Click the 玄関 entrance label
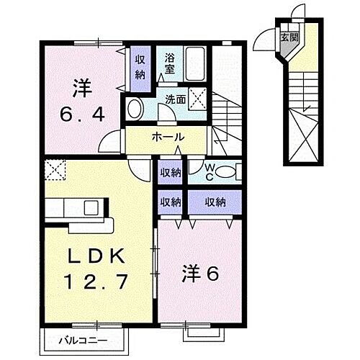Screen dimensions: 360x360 [288, 37]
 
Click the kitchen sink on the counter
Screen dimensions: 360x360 [92, 209]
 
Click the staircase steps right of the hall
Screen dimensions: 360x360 [230, 115]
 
